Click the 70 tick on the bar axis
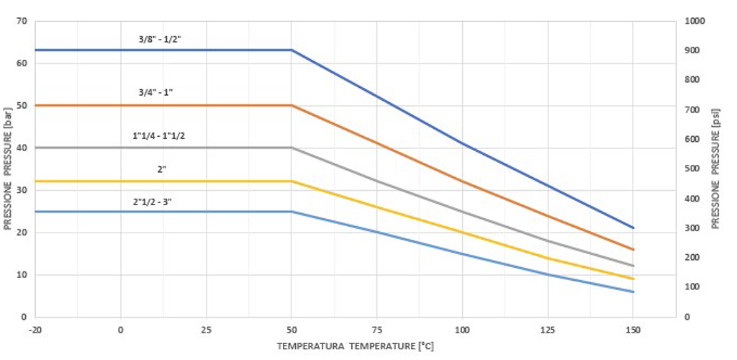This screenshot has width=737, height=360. coord(21,21)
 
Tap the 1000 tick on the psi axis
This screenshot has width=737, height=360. coord(695,21)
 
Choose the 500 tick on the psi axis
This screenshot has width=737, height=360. coord(692,169)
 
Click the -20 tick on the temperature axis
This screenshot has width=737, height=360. coord(35,330)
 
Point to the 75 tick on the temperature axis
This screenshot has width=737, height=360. coord(376,330)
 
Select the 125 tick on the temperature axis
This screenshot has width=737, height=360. coord(548,330)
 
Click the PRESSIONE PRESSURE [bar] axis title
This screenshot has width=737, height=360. coord(8,169)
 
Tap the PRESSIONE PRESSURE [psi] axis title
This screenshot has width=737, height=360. coord(716,169)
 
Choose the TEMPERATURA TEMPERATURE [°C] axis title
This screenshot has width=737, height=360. coord(356,346)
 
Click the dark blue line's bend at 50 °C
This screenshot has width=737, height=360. coord(291,50)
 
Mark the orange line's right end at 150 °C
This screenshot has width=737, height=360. coord(633,250)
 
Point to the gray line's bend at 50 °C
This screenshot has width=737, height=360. coord(291,148)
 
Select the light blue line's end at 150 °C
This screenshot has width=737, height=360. coord(633,292)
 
